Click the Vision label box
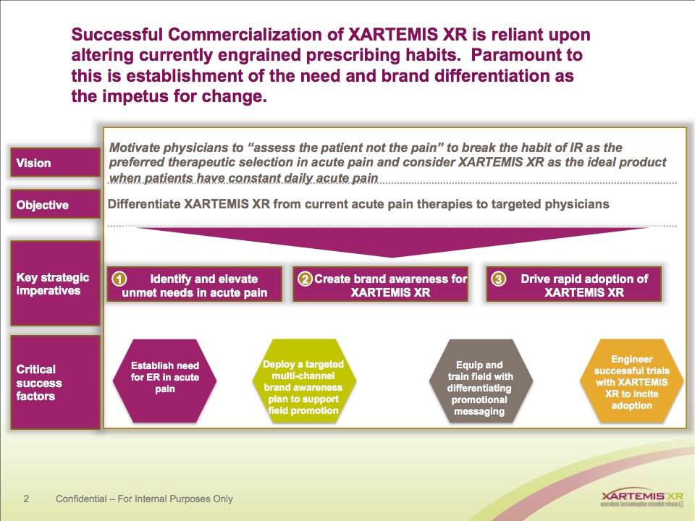(55, 163)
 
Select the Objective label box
(55, 205)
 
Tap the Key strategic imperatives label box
(55, 284)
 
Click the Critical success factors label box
(55, 382)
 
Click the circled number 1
(120, 279)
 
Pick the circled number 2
(306, 279)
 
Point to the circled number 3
(497, 279)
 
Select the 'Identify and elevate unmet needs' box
(195, 285)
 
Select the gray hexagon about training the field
(481, 381)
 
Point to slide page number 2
(26, 499)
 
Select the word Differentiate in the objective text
(144, 204)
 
